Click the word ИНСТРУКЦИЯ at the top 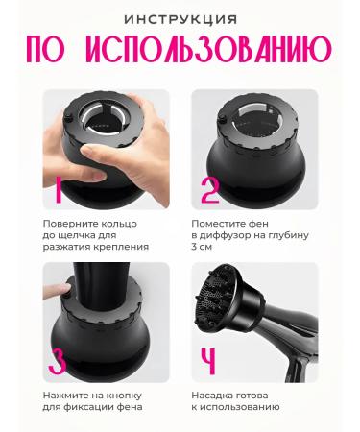pyautogui.click(x=179, y=18)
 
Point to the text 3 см pyautogui.click(x=204, y=248)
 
